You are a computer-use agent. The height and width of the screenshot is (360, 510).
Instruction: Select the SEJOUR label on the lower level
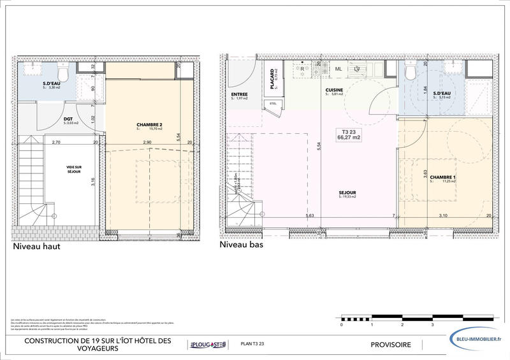[347, 192]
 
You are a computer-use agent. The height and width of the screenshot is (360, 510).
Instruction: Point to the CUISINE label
[334, 90]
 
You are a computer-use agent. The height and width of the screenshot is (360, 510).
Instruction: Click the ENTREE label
[239, 94]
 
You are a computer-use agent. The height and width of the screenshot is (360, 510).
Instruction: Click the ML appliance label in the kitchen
[339, 69]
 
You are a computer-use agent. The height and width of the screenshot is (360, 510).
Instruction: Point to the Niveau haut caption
[36, 247]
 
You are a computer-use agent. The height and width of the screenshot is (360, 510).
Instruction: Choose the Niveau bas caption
[241, 244]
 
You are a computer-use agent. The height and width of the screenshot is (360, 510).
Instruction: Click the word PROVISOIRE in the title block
[391, 345]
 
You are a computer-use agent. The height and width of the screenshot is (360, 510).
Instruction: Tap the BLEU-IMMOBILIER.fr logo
[477, 340]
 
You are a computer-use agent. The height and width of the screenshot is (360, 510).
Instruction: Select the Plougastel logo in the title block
[207, 345]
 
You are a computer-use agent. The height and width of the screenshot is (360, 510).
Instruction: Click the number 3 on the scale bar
[432, 324]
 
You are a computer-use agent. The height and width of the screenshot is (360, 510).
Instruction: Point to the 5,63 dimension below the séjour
[310, 216]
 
